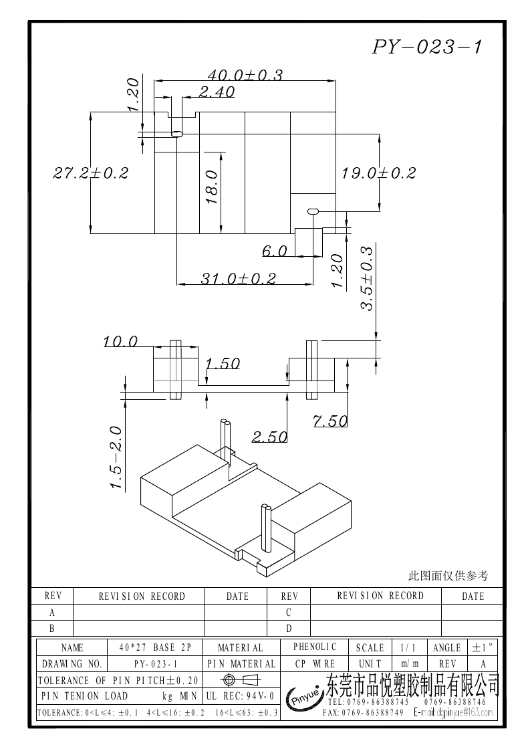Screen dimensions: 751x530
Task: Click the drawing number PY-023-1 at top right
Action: coord(427,47)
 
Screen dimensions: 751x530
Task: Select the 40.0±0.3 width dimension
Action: coord(245,76)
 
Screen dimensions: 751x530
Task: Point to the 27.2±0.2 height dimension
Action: coord(90,173)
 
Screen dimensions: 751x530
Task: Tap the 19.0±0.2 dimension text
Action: coord(378,173)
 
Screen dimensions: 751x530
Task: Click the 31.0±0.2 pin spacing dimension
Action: coord(238,279)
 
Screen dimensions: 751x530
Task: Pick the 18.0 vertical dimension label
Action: coord(211,187)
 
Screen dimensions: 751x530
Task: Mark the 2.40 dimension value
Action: coord(216,93)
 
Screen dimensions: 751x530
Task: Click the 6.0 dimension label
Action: coord(274,251)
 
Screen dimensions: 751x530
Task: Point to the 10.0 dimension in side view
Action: coord(120,342)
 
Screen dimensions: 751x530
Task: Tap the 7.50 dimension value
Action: coord(329,421)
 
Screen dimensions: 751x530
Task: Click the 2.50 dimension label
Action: coord(269,437)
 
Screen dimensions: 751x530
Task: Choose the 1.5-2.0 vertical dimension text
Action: coord(116,458)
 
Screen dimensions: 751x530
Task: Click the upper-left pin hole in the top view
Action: coord(176,134)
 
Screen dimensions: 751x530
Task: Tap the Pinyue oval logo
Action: coord(305,697)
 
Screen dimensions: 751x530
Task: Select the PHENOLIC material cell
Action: coord(315,647)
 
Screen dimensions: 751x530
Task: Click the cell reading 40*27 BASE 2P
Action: coord(155,647)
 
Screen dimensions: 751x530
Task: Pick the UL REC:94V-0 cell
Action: coord(241,696)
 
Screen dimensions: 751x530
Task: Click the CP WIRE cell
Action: coord(315,664)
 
